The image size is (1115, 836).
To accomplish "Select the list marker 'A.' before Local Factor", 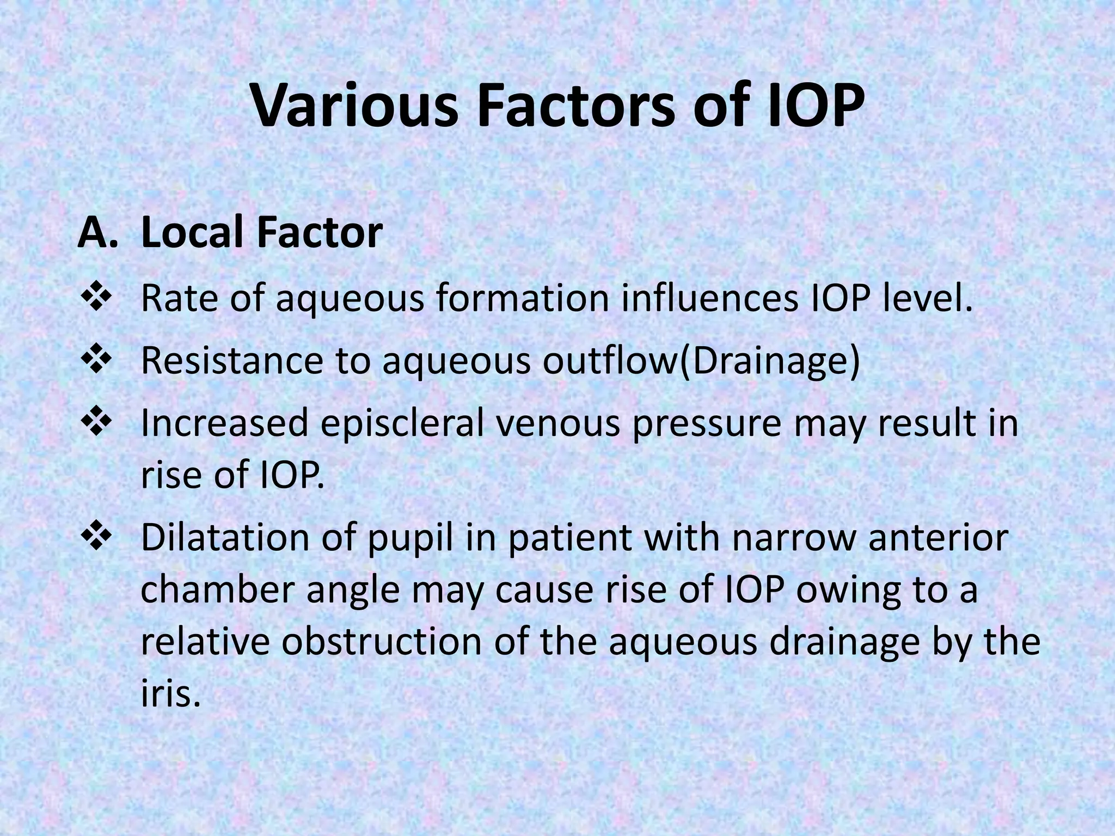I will pos(97,233).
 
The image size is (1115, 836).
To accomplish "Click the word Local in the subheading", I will pos(192,233).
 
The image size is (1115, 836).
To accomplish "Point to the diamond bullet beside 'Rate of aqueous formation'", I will pos(96,299).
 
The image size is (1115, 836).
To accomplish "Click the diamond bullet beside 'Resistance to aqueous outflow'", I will pos(96,361).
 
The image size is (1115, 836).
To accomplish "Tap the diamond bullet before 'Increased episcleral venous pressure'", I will pos(96,423).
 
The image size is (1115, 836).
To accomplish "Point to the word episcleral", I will pos(402,423).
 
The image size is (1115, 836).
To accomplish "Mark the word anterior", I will pos(938,537).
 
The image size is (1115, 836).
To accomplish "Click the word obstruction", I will pos(382,642).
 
